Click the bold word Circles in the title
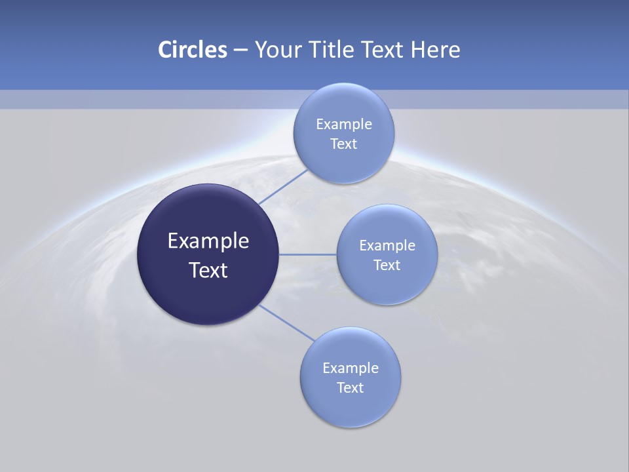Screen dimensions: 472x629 click(192, 50)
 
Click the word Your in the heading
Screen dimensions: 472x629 click(277, 50)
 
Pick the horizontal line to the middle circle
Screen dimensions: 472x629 click(307, 254)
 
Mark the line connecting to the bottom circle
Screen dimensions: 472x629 click(286, 322)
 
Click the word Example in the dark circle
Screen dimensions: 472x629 click(208, 241)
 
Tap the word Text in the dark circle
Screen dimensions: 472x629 click(208, 269)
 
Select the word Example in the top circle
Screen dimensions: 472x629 click(343, 124)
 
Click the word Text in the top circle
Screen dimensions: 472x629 click(343, 144)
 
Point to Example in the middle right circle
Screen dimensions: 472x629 click(387, 245)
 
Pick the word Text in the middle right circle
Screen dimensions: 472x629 click(387, 265)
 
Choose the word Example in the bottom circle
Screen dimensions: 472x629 click(350, 368)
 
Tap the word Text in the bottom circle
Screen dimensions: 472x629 click(350, 387)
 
